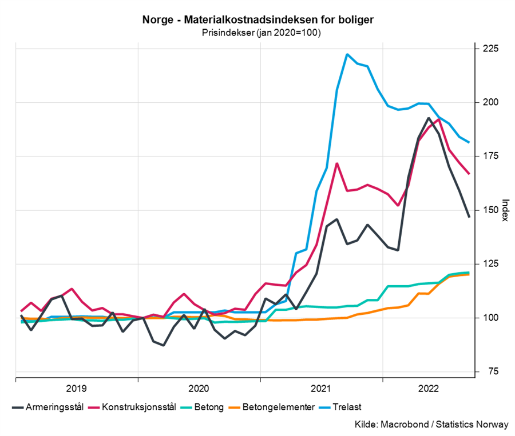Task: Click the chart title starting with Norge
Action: (x=258, y=20)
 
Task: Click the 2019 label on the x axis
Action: (x=77, y=389)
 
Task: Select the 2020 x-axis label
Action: (x=199, y=389)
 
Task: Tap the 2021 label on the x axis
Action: (x=322, y=389)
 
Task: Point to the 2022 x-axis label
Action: (x=429, y=389)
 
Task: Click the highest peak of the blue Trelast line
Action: (x=347, y=54)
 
